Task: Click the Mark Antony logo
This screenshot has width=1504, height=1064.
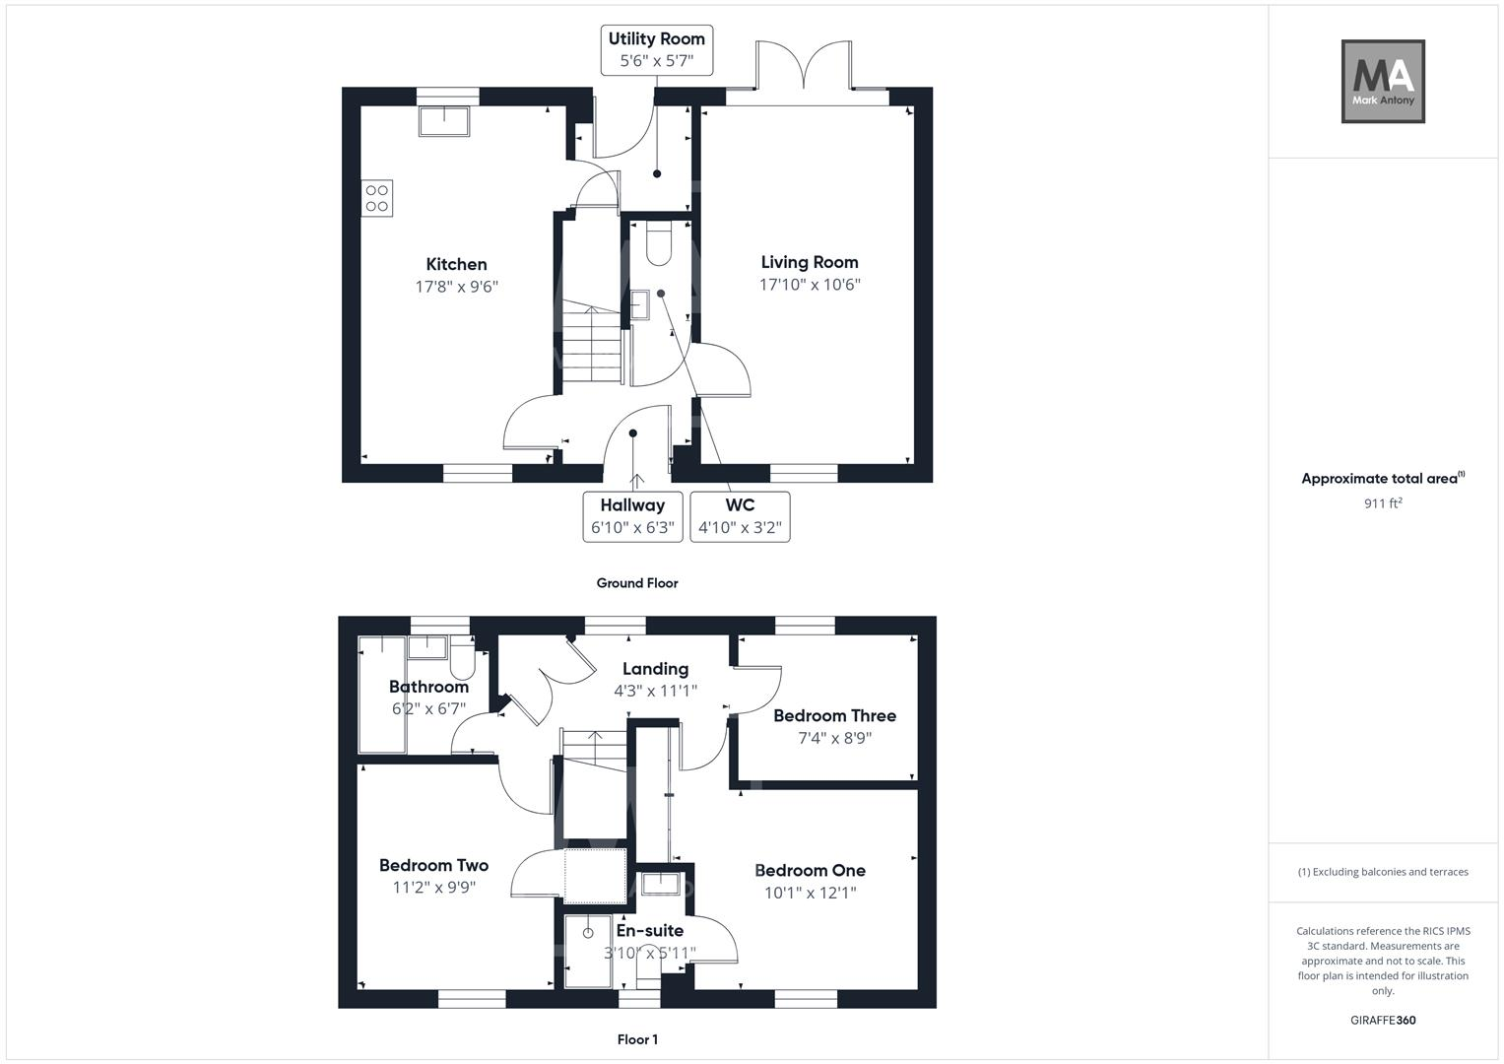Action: click(1383, 82)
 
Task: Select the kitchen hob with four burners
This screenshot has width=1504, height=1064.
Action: click(377, 198)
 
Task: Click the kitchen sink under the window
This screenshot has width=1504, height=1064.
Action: click(444, 121)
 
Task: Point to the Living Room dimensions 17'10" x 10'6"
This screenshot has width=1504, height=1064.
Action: click(810, 285)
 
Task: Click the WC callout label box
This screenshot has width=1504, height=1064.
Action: click(740, 516)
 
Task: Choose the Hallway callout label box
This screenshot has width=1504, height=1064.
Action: click(632, 516)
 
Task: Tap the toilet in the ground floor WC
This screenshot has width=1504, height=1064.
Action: click(658, 244)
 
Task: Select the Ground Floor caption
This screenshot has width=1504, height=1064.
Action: click(637, 583)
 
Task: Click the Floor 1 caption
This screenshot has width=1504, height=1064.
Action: click(637, 1039)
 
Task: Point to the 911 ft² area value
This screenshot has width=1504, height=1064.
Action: click(1383, 503)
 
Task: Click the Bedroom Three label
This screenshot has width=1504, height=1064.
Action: click(834, 716)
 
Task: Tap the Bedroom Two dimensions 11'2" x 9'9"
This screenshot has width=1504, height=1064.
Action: click(433, 887)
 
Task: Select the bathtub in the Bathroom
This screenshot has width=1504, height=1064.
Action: click(382, 695)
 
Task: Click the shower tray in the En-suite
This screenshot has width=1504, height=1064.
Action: click(588, 951)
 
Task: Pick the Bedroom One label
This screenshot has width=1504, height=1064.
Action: click(810, 871)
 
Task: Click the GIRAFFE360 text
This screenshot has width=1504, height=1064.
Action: click(1383, 1021)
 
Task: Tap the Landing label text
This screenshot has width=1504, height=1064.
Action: click(655, 669)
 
